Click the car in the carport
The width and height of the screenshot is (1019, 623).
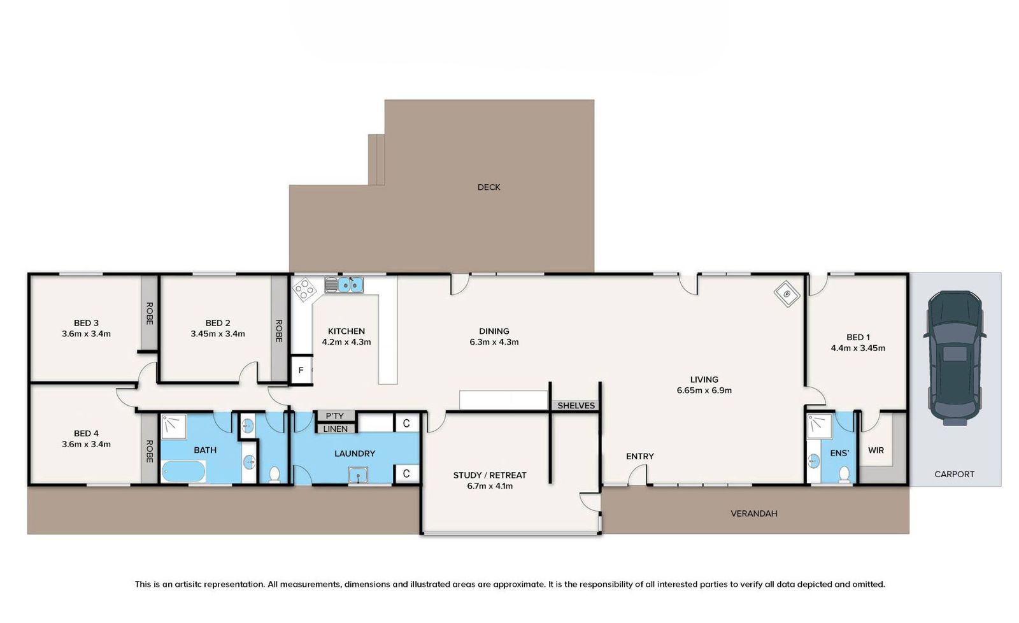(x=955, y=358)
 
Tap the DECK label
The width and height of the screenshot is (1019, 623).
(x=488, y=187)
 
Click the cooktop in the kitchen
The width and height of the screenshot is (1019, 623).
(x=304, y=289)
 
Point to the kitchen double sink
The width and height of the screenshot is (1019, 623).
(x=344, y=285)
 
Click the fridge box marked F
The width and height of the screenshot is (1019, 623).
(x=301, y=370)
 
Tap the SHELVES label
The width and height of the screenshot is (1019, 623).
(x=576, y=406)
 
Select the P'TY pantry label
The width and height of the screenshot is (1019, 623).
(x=334, y=416)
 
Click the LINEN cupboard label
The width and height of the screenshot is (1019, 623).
(x=335, y=429)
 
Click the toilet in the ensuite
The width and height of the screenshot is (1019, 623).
(x=844, y=474)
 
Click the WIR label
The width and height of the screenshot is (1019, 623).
(x=876, y=450)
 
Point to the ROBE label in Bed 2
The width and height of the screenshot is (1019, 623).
(x=279, y=331)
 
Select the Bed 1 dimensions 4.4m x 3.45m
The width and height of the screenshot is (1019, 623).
(x=858, y=348)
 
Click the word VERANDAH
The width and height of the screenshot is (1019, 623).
(x=754, y=513)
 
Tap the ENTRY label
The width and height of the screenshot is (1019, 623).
(x=639, y=456)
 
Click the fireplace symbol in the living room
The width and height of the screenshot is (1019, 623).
(x=787, y=294)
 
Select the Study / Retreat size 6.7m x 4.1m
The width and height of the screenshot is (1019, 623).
(x=490, y=486)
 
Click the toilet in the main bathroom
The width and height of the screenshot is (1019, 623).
(x=274, y=474)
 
